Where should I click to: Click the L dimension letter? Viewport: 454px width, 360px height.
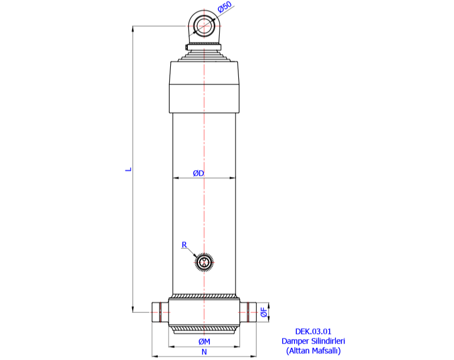point(129,168)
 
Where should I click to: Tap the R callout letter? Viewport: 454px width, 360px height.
point(184,245)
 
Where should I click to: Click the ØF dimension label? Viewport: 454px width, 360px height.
point(264,312)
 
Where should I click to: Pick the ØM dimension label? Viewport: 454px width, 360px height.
point(205,341)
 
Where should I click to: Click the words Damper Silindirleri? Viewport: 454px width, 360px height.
point(313,341)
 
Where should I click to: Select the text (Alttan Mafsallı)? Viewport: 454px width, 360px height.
point(313,351)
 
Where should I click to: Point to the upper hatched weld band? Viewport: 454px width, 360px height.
point(204,296)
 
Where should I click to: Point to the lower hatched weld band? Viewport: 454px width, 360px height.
point(204,328)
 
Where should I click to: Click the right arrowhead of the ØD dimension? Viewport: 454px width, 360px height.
point(233,178)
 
